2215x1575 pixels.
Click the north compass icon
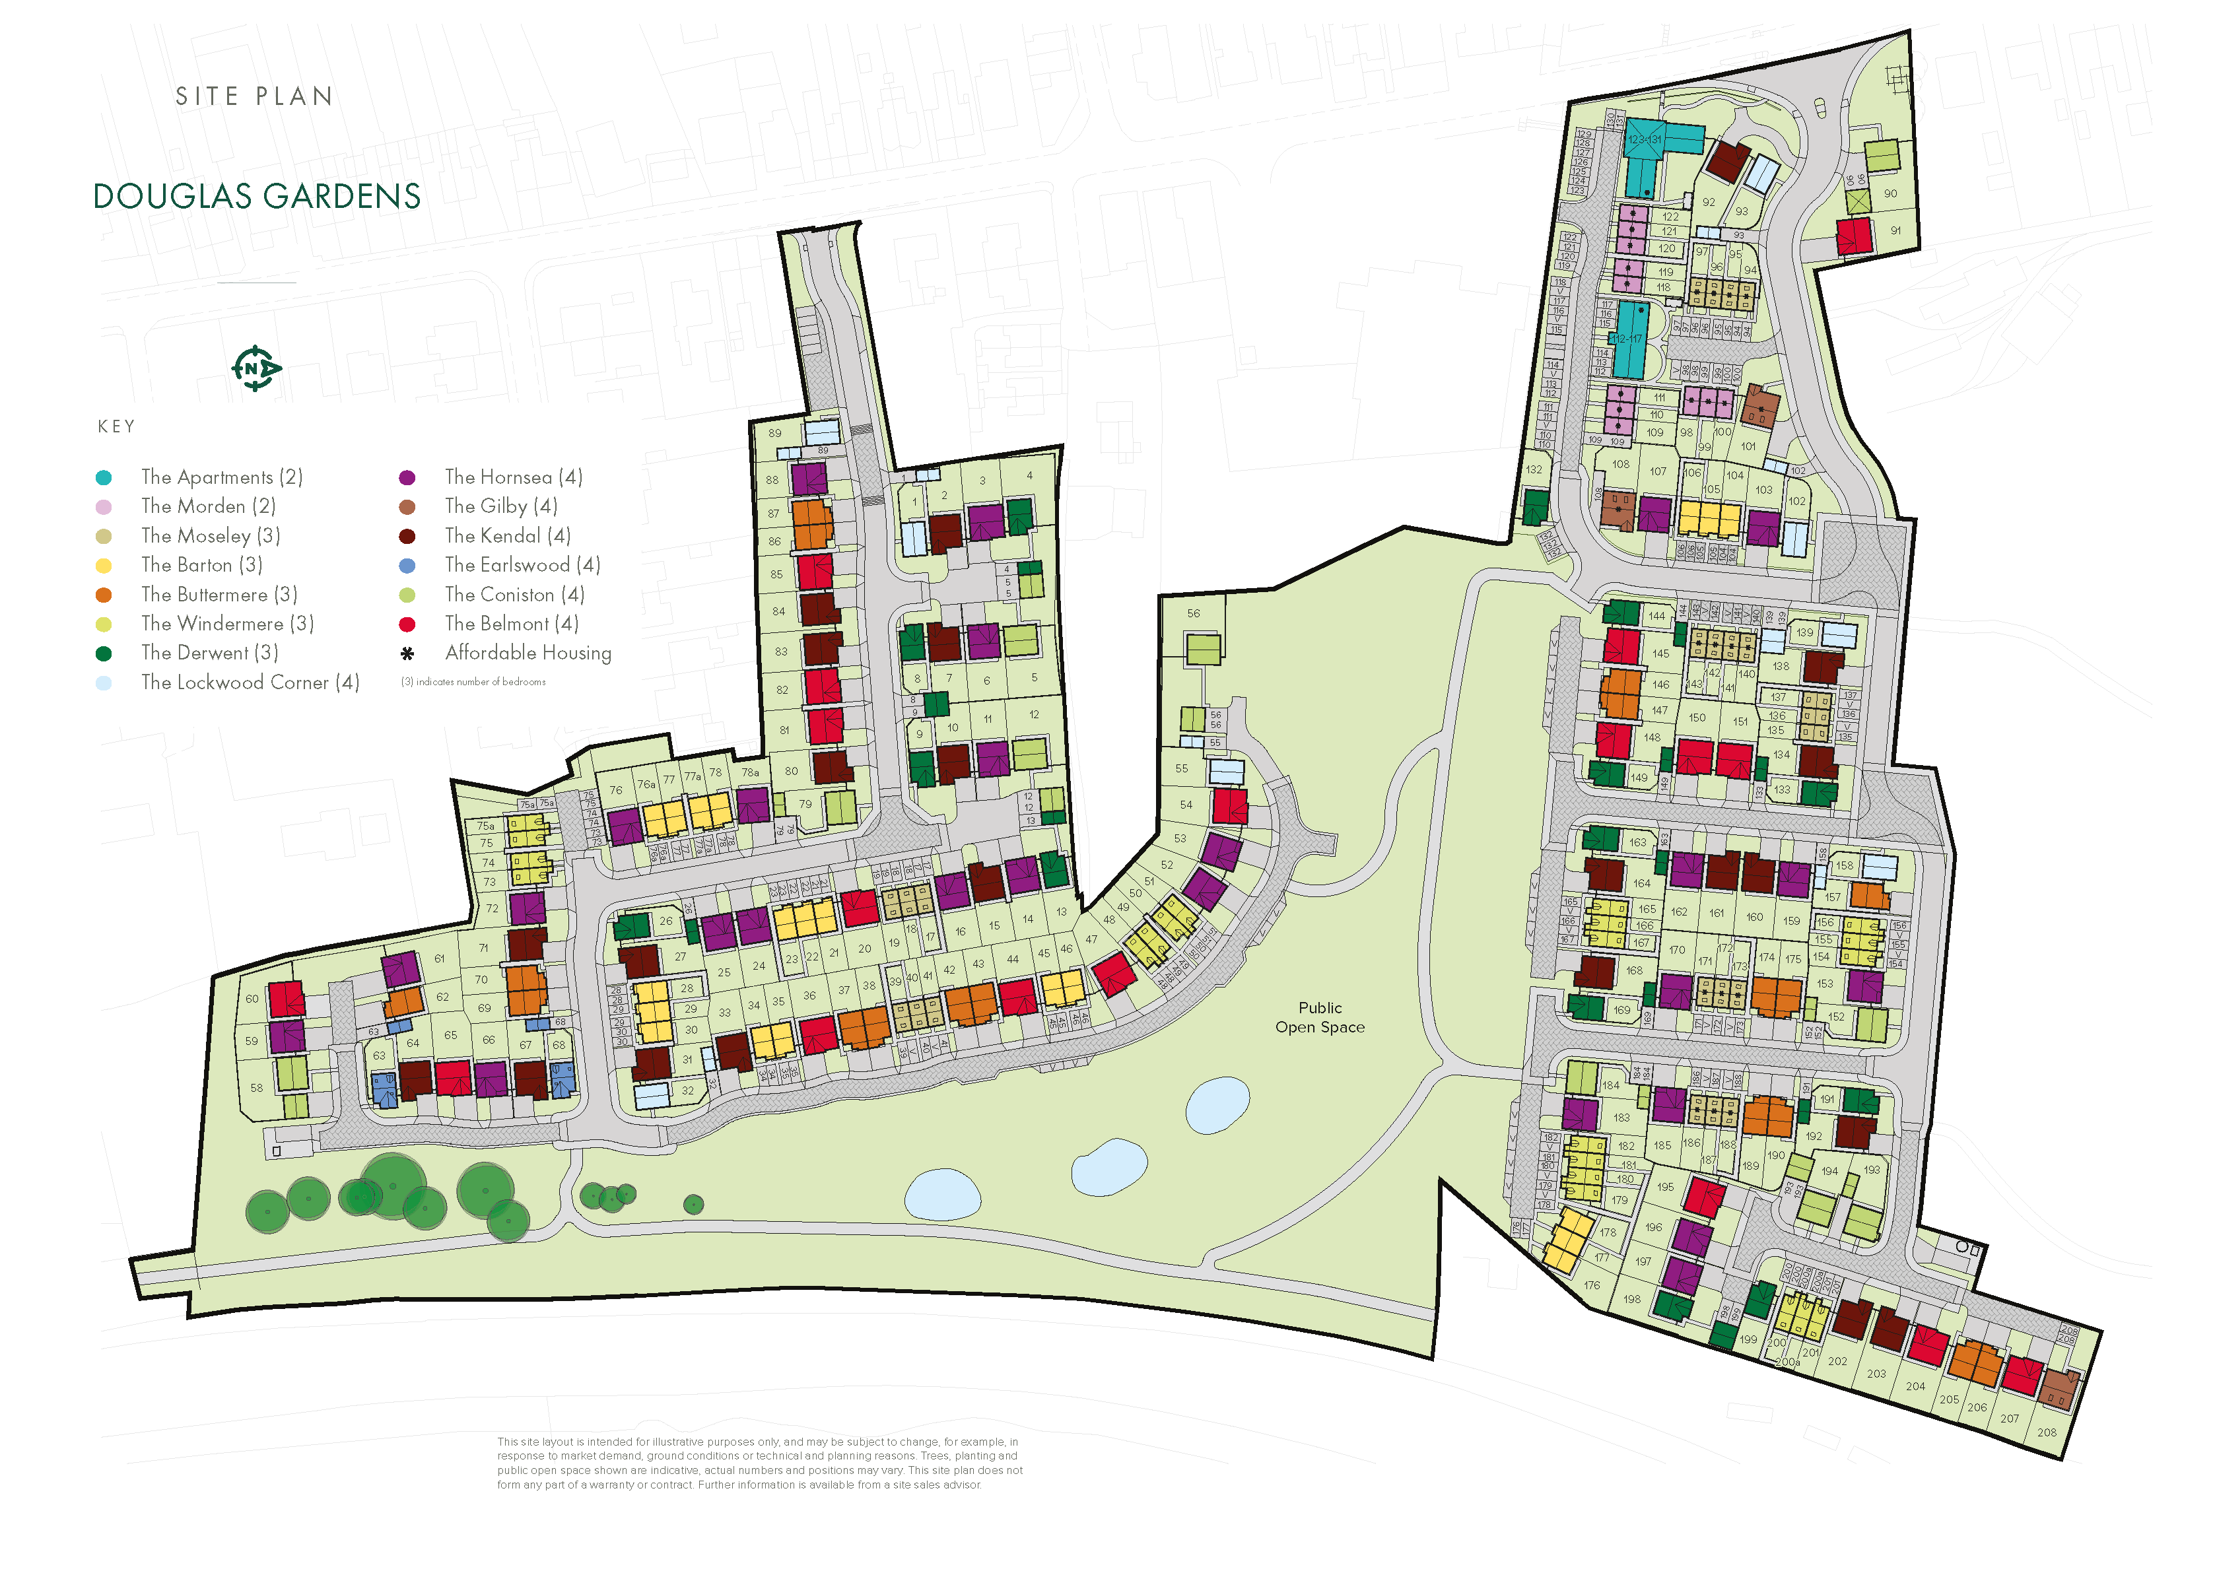click(255, 368)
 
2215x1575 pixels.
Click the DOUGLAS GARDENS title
click(257, 197)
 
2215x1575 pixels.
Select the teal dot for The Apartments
click(104, 477)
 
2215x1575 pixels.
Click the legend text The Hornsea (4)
click(513, 477)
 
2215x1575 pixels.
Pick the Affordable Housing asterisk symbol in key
click(407, 653)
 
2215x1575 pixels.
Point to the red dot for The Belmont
click(407, 624)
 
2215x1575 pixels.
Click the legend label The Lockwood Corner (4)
click(250, 683)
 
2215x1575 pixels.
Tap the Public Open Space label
click(1319, 1017)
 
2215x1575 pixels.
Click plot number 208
click(2046, 1432)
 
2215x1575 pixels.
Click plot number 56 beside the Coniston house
click(1193, 614)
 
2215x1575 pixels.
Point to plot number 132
click(1533, 469)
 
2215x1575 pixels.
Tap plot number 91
click(1895, 231)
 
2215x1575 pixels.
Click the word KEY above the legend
click(116, 426)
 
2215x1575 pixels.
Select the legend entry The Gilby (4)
click(500, 506)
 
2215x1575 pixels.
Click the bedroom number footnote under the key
click(473, 682)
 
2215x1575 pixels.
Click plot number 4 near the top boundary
click(1029, 475)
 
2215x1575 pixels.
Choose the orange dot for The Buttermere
click(104, 595)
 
